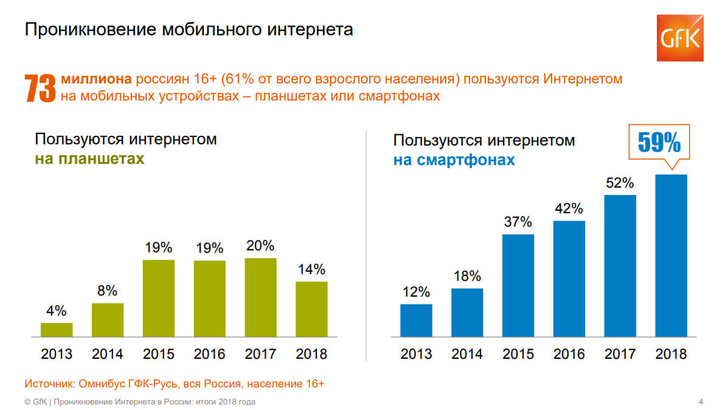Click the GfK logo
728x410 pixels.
click(679, 38)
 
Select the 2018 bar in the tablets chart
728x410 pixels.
click(311, 309)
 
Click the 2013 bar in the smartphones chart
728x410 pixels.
click(416, 320)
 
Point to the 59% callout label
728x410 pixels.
click(659, 143)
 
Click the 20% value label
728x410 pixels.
click(260, 246)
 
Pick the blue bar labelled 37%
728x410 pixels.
click(518, 285)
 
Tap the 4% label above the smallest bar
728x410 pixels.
click(56, 311)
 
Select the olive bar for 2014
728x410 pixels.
click(108, 320)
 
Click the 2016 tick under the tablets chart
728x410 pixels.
click(209, 354)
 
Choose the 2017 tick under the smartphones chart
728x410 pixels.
click(620, 354)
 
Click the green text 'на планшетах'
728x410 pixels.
click(89, 159)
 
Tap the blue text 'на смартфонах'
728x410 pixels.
click(454, 160)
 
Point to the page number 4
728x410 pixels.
click(701, 401)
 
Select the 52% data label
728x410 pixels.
click(620, 183)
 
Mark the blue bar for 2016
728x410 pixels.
click(569, 278)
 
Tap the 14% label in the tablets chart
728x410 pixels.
click(311, 269)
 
